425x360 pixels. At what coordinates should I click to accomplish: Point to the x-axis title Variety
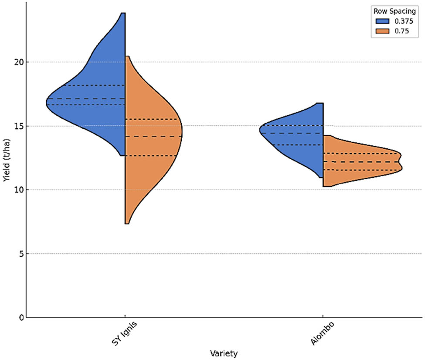(224, 353)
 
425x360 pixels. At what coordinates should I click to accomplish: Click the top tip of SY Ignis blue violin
(123, 14)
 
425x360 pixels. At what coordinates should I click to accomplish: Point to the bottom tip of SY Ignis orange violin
(127, 223)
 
